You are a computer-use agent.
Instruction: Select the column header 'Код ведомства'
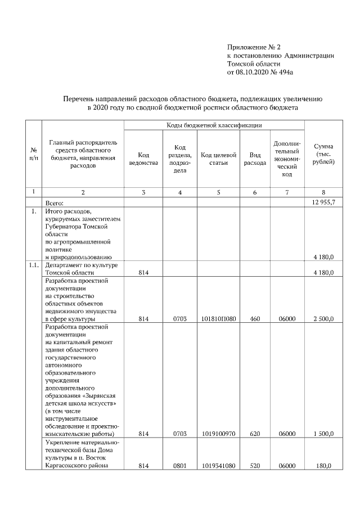(x=143, y=159)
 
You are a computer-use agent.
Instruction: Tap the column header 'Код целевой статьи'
(x=218, y=159)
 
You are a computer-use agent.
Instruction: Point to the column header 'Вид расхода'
(x=255, y=159)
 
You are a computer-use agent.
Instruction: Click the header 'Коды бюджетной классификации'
(x=214, y=125)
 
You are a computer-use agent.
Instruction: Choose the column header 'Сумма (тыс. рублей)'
(x=324, y=154)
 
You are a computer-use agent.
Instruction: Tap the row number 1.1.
(x=34, y=265)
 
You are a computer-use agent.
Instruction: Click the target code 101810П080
(x=218, y=319)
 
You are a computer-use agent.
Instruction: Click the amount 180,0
(x=326, y=466)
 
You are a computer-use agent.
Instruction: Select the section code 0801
(x=179, y=466)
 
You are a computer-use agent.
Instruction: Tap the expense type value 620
(x=255, y=434)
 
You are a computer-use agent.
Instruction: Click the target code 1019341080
(x=218, y=466)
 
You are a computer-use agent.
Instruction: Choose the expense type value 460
(x=255, y=319)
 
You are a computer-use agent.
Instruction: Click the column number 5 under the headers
(x=218, y=193)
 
